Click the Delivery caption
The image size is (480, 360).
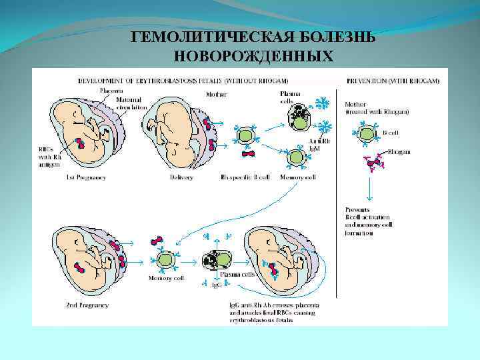181,177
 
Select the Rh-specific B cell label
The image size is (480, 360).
244,177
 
